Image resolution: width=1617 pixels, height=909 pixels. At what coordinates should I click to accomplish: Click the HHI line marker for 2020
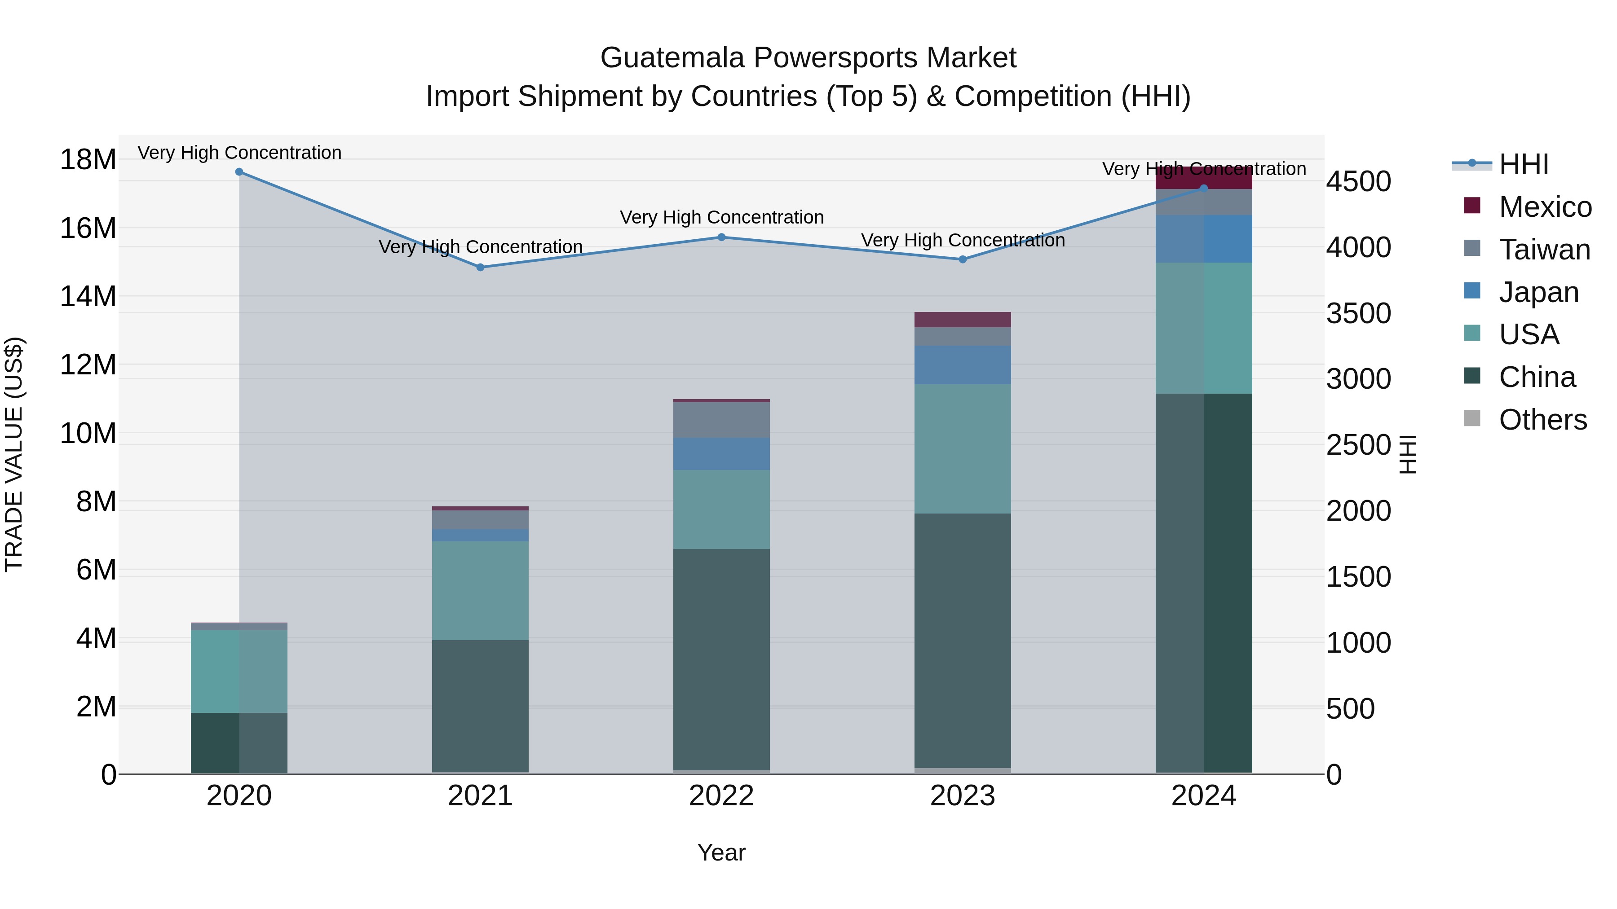[239, 172]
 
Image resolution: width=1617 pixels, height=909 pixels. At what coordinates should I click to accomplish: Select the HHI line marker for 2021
[480, 267]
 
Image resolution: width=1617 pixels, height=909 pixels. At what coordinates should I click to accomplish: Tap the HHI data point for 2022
[721, 237]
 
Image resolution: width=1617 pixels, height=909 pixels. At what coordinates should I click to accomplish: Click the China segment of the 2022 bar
[721, 659]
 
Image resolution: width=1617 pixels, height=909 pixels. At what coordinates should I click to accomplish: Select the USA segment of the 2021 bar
[480, 590]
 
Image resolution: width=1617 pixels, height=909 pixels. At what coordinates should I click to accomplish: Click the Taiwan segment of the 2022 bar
[721, 420]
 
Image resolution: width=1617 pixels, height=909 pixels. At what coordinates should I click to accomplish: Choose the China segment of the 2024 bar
[1203, 584]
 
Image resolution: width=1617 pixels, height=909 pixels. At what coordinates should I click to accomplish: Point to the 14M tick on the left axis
[88, 296]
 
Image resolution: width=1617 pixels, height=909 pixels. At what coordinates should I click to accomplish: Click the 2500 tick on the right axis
[1358, 445]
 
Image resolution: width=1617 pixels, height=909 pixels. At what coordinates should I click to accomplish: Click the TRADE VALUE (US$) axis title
[14, 454]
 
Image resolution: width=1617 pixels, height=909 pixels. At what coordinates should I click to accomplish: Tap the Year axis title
[721, 852]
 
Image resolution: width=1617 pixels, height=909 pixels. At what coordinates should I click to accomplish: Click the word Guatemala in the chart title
[672, 58]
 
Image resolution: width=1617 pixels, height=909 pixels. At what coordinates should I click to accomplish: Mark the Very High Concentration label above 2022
[721, 217]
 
